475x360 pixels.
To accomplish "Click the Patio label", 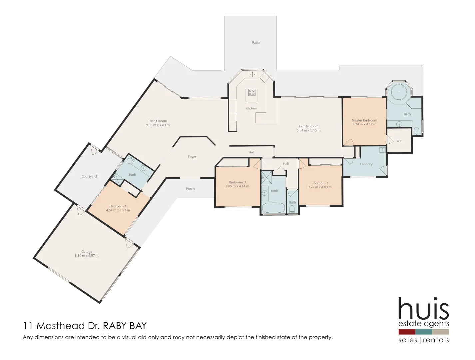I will coord(255,43).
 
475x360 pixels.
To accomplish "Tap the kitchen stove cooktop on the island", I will coord(252,92).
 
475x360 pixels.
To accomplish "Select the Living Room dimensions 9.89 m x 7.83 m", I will coord(158,125).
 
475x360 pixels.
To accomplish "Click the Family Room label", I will coord(308,126).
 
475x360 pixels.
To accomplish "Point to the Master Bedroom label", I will coord(364,120).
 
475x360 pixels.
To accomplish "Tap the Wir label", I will coord(399,141).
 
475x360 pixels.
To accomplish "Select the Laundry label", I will coord(366,164).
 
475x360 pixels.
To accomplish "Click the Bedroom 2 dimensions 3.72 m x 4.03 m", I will coord(319,187).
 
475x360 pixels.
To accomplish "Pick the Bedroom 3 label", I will coord(237,182).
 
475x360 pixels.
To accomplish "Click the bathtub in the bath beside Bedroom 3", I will coord(273,208).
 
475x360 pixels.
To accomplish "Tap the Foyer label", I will coord(192,157).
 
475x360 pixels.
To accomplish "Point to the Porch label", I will coord(190,189).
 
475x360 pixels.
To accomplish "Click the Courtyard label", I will coord(89,177).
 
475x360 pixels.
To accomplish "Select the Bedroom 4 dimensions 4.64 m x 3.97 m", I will coord(118,210).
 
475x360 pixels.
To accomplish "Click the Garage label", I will coord(87,252).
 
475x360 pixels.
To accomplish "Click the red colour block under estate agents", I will coord(407,332).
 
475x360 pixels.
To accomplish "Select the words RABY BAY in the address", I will coord(124,326).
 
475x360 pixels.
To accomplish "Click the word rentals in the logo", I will coord(436,340).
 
